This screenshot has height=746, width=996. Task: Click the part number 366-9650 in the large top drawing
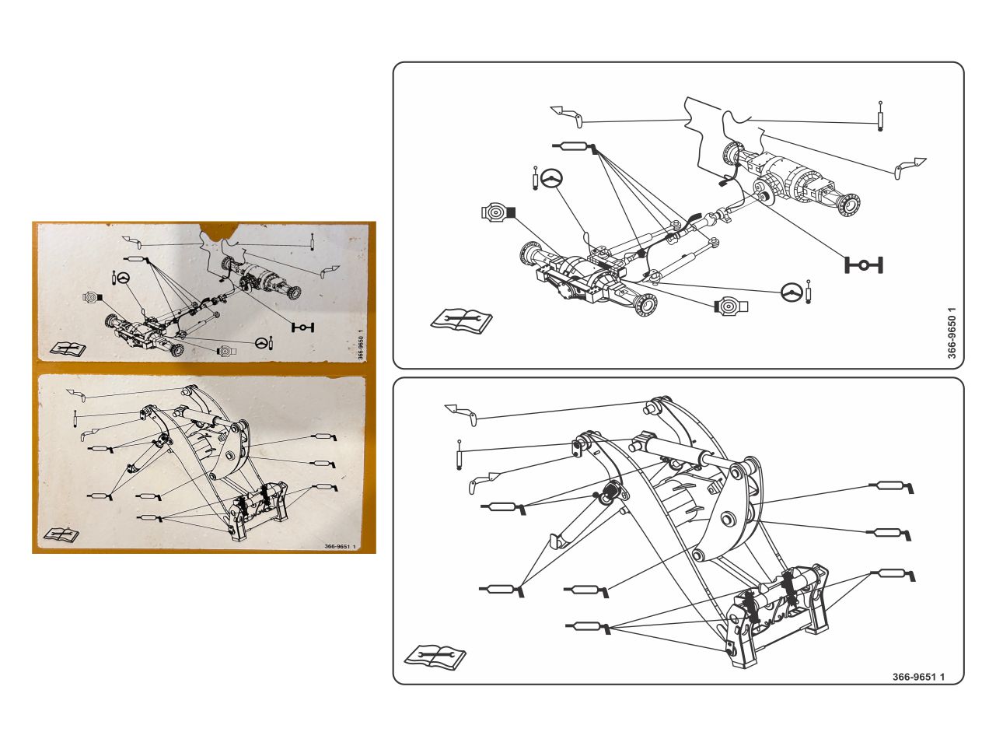pos(952,333)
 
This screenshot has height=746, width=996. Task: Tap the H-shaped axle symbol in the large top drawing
pos(864,264)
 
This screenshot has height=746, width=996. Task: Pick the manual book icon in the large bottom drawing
pos(435,657)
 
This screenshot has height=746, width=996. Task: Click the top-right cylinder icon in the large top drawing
pos(880,116)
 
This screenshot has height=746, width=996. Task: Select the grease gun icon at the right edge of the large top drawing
pos(910,167)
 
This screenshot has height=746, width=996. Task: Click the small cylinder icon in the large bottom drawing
pos(460,454)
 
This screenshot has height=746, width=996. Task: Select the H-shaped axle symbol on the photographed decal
pos(302,327)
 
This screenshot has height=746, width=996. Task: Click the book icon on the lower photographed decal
pos(61,534)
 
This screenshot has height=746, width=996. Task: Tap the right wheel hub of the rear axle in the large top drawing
pos(848,205)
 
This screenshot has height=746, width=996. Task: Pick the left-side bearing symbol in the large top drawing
pos(498,212)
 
